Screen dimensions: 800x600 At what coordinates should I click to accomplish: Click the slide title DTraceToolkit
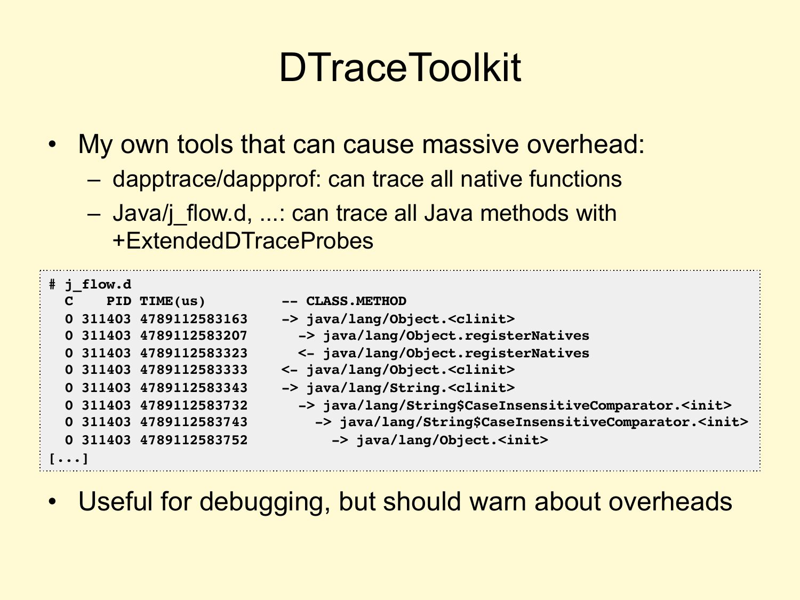(x=400, y=67)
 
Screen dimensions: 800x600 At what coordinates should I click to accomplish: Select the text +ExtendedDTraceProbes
(x=243, y=241)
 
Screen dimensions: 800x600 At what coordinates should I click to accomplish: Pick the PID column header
(x=119, y=301)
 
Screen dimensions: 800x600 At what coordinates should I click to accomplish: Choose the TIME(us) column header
(x=172, y=301)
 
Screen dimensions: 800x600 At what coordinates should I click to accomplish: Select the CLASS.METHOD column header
(x=356, y=301)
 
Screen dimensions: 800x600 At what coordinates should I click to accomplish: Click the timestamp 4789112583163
(x=194, y=319)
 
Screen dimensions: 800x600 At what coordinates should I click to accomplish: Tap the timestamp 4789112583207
(x=194, y=335)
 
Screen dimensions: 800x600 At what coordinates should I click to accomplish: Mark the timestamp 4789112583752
(x=194, y=440)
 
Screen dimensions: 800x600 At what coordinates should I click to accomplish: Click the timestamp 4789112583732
(x=194, y=405)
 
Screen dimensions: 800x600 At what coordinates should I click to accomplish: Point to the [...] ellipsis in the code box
(x=69, y=458)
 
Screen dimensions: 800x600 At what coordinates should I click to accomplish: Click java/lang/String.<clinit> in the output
(x=411, y=388)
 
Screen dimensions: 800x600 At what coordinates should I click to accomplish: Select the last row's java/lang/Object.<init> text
(x=452, y=440)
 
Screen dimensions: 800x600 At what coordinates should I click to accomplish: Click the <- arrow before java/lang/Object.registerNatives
(x=306, y=353)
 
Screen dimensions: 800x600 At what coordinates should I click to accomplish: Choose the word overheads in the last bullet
(x=670, y=501)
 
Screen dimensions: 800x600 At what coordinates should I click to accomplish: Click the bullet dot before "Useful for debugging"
(x=52, y=502)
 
